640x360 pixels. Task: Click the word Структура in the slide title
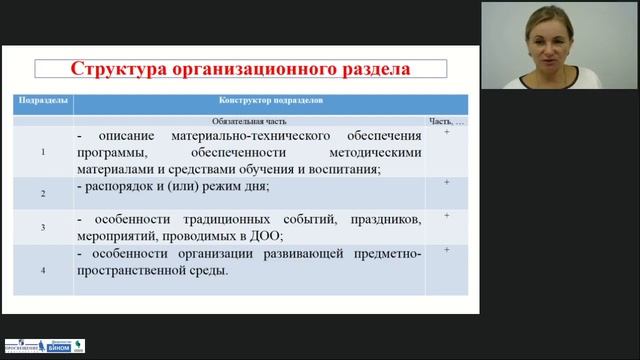tap(119, 69)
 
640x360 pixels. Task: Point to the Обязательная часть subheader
tap(250, 119)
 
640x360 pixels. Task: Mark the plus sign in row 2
tap(446, 183)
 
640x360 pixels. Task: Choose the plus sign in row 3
tap(446, 216)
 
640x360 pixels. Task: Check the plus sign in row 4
tap(446, 249)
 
